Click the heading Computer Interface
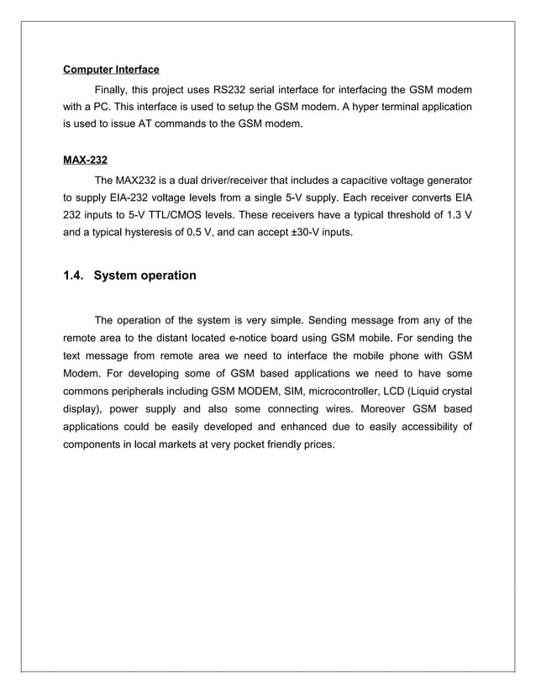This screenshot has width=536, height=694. (111, 69)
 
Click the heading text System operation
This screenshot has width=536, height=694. (145, 275)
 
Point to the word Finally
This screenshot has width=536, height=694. (115, 89)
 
